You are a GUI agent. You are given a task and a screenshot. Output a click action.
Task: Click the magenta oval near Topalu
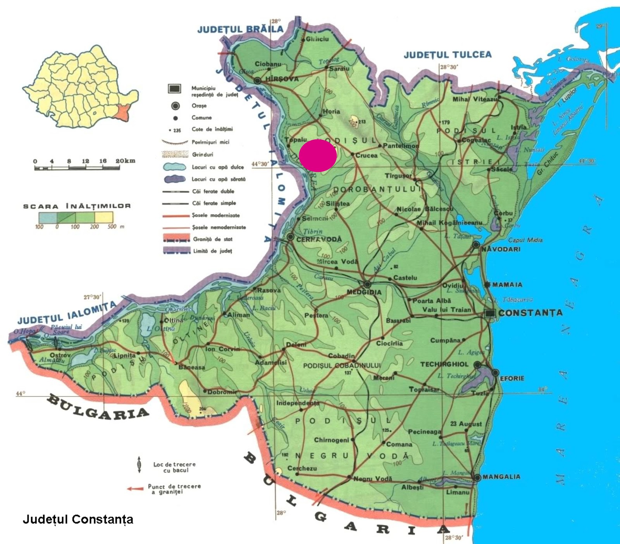pyautogui.click(x=317, y=155)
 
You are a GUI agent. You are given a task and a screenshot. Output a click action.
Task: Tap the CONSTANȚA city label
pyautogui.click(x=530, y=313)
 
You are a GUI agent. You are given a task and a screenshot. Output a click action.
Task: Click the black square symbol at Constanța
pyautogui.click(x=491, y=314)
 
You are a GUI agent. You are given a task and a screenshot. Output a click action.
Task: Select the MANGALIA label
pyautogui.click(x=501, y=477)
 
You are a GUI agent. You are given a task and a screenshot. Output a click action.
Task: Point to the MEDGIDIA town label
pyautogui.click(x=364, y=292)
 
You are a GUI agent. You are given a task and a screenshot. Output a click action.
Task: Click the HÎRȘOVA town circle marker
pyautogui.click(x=258, y=81)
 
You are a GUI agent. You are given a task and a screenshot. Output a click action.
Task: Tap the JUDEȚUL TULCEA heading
pyautogui.click(x=447, y=55)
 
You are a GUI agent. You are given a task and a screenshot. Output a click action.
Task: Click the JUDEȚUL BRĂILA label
pyautogui.click(x=240, y=29)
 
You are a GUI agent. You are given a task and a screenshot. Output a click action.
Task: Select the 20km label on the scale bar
pyautogui.click(x=125, y=161)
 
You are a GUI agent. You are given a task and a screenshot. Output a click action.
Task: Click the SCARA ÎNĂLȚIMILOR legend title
pyautogui.click(x=77, y=206)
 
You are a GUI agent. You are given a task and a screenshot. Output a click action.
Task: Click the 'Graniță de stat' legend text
pyautogui.click(x=213, y=239)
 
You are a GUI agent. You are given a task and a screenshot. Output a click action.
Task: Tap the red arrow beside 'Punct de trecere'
pyautogui.click(x=135, y=489)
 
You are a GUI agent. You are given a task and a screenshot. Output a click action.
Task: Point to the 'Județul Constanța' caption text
pyautogui.click(x=78, y=519)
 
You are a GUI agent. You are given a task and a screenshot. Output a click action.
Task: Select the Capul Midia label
pyautogui.click(x=525, y=240)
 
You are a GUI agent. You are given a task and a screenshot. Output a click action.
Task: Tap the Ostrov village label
pyautogui.click(x=60, y=355)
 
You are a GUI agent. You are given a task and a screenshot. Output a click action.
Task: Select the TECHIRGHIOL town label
pyautogui.click(x=444, y=364)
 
